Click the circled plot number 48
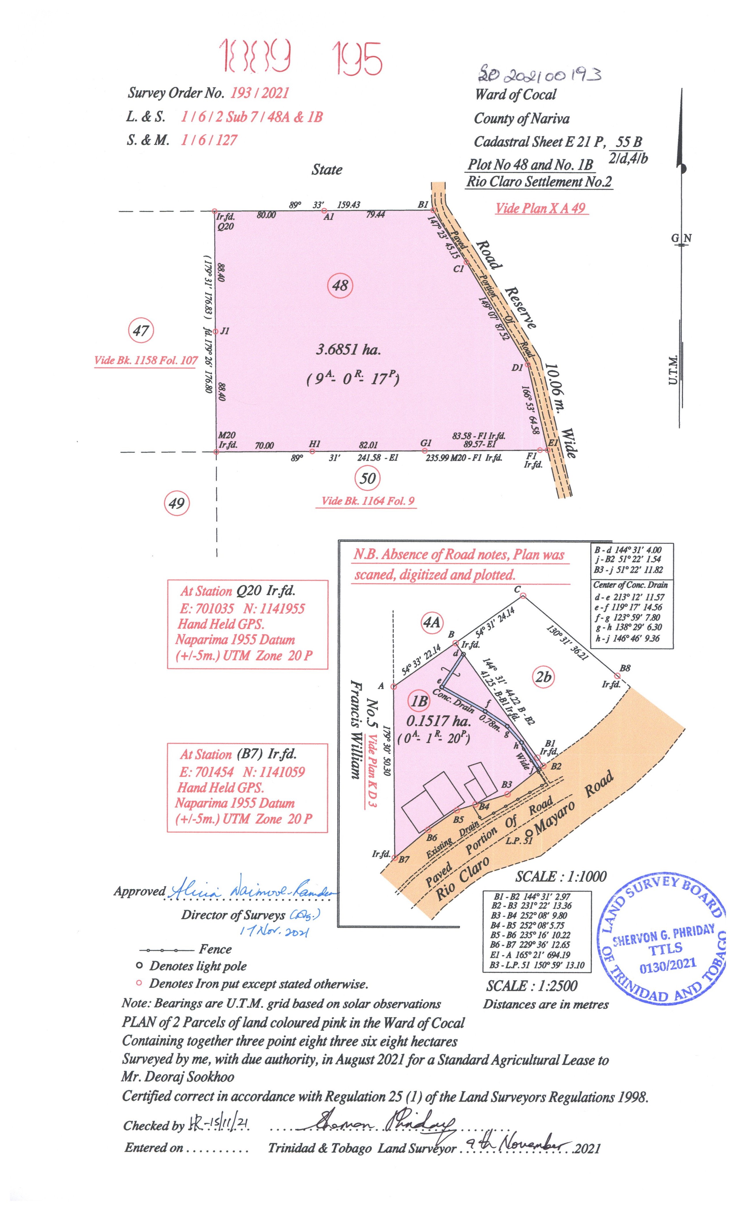pos(340,285)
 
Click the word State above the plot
pos(327,170)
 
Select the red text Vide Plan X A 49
pos(540,208)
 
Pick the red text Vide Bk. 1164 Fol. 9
pos(368,501)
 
